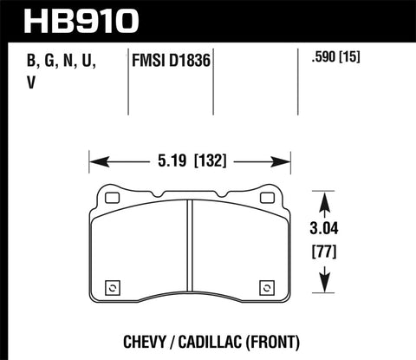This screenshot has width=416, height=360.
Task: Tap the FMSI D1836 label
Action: click(x=171, y=61)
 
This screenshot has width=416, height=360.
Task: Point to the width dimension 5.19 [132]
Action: click(x=189, y=160)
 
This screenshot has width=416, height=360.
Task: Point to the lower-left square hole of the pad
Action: click(x=110, y=289)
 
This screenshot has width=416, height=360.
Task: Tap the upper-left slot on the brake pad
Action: click(x=111, y=197)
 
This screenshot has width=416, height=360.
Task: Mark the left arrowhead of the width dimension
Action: click(x=94, y=160)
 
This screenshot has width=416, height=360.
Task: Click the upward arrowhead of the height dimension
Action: click(x=326, y=200)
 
